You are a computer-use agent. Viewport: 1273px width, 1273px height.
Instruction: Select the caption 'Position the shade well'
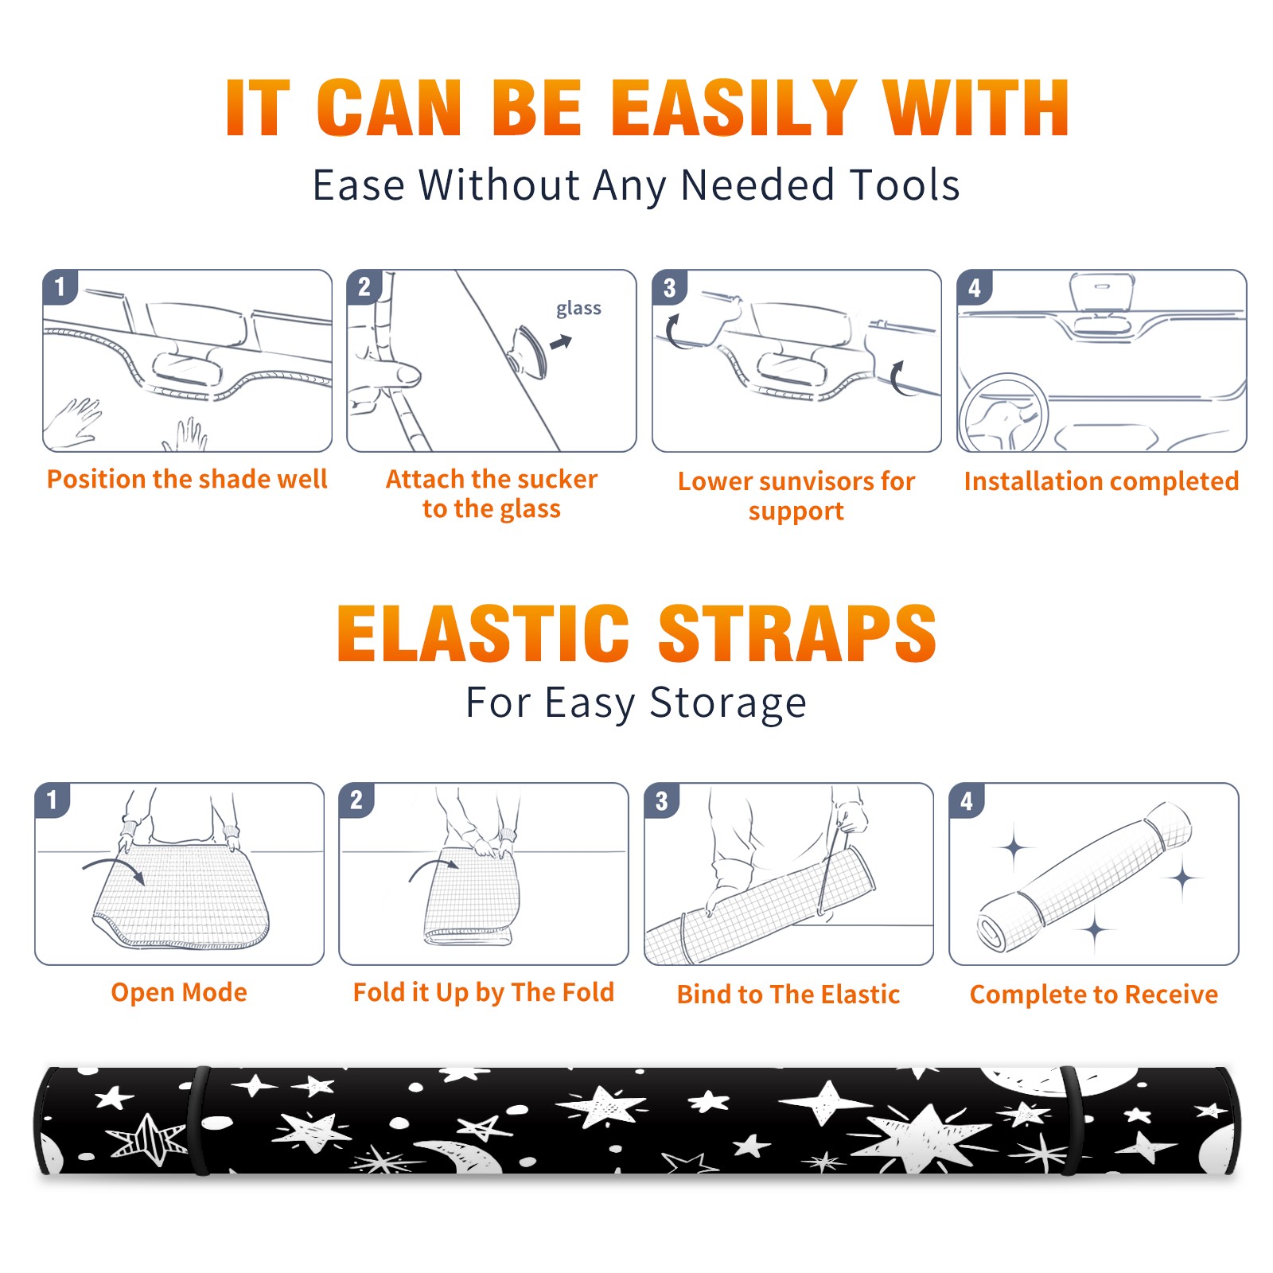pyautogui.click(x=187, y=480)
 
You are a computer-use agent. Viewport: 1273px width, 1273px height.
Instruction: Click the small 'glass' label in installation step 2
pyautogui.click(x=578, y=309)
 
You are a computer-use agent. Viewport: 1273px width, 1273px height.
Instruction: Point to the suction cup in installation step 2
pyautogui.click(x=529, y=351)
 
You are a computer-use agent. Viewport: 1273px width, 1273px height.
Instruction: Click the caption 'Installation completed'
pyautogui.click(x=1101, y=481)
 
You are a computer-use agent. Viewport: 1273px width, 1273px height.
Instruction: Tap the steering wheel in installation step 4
pyautogui.click(x=1004, y=414)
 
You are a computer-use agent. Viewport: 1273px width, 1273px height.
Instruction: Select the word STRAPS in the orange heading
pyautogui.click(x=797, y=633)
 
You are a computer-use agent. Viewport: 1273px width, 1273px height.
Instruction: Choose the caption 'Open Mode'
pyautogui.click(x=179, y=993)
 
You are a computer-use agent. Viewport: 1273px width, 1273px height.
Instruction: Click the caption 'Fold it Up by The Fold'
pyautogui.click(x=484, y=993)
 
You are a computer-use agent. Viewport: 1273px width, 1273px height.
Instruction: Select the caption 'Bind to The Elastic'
pyautogui.click(x=788, y=995)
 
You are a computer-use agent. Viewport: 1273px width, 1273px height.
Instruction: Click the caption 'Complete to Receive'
pyautogui.click(x=1094, y=995)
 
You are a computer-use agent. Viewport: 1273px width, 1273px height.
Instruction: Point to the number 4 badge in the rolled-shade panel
pyautogui.click(x=967, y=800)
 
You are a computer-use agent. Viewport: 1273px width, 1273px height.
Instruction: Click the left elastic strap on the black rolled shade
pyautogui.click(x=200, y=1120)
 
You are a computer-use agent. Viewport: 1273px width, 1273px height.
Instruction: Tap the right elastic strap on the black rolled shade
pyautogui.click(x=1073, y=1120)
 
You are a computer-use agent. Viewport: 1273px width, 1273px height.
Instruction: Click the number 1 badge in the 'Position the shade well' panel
pyautogui.click(x=60, y=286)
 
